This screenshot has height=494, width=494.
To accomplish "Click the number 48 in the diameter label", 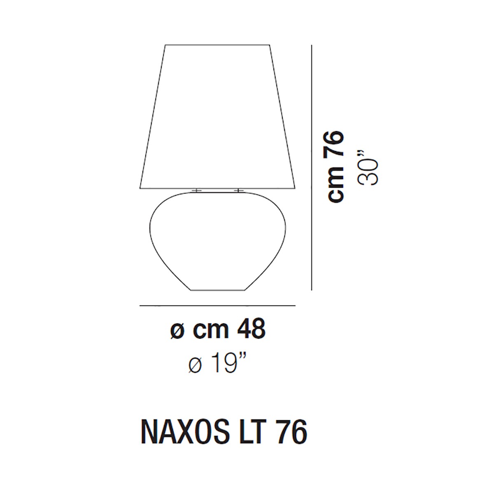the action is click(251, 330).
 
